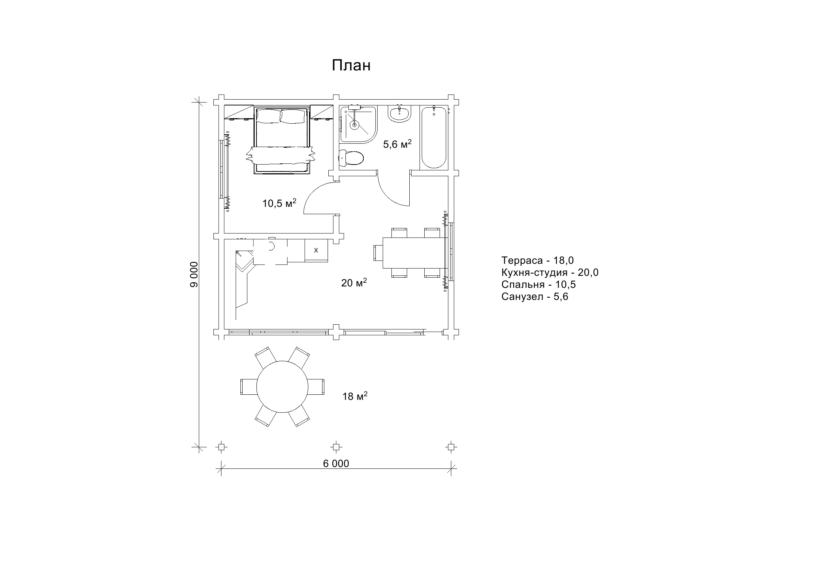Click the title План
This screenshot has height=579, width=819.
pos(351,66)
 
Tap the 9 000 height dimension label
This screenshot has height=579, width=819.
pos(194,274)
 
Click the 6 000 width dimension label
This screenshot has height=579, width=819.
pos(336,463)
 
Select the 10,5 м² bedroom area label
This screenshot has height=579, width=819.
pos(279,203)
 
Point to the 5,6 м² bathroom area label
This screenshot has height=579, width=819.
pos(397,144)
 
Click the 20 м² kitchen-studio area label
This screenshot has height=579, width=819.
pos(354,282)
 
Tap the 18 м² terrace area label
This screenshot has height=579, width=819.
pos(355,396)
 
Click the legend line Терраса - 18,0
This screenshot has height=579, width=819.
pos(537,260)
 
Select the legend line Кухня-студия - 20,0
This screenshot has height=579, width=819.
pos(550,273)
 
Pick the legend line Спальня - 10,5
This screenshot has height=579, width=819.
pos(538,285)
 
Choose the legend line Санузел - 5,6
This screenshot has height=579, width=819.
pos(535,297)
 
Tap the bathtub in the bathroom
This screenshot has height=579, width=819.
pos(434,137)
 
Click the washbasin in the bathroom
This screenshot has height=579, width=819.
pos(400,113)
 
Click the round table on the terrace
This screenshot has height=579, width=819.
pos(282,387)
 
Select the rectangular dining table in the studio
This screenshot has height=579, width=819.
pos(415,253)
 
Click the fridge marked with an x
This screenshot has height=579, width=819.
pos(316,250)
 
